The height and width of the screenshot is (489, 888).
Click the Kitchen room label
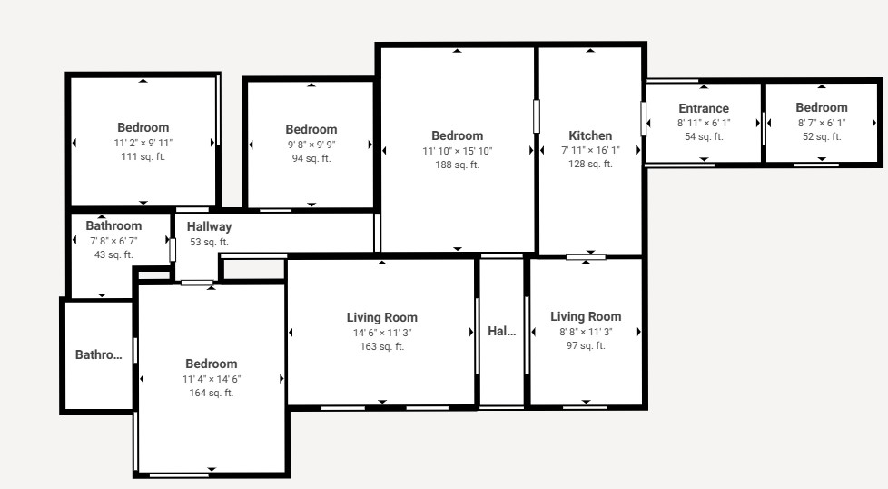coord(590,136)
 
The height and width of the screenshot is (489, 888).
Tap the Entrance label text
coord(704,108)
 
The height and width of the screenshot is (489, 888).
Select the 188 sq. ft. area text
coord(457,165)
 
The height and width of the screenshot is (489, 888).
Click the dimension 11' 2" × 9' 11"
coord(143,143)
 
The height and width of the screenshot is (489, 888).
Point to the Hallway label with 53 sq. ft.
coord(209,226)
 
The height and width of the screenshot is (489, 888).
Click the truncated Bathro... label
coord(99,354)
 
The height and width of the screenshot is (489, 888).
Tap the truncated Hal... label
coord(502,331)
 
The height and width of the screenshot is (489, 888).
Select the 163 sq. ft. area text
coord(382,346)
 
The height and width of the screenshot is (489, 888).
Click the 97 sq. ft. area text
coord(586,345)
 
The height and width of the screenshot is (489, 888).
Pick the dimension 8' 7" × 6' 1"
coord(821,123)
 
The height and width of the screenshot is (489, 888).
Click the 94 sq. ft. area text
coord(311,158)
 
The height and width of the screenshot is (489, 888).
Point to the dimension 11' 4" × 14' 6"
coord(212,379)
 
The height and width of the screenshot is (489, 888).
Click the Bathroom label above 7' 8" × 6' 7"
coord(113,225)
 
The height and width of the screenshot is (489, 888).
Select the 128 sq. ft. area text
coord(590,164)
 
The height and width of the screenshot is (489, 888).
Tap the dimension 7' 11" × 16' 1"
coord(590,150)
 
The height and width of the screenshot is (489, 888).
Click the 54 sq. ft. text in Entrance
coord(704,136)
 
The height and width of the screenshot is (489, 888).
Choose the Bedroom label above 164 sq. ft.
coord(212,364)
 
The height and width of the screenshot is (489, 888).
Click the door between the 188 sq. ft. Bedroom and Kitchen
coord(537,116)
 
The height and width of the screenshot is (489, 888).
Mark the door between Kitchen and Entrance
coord(644,118)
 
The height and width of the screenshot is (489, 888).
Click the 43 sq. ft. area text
coord(113,255)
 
